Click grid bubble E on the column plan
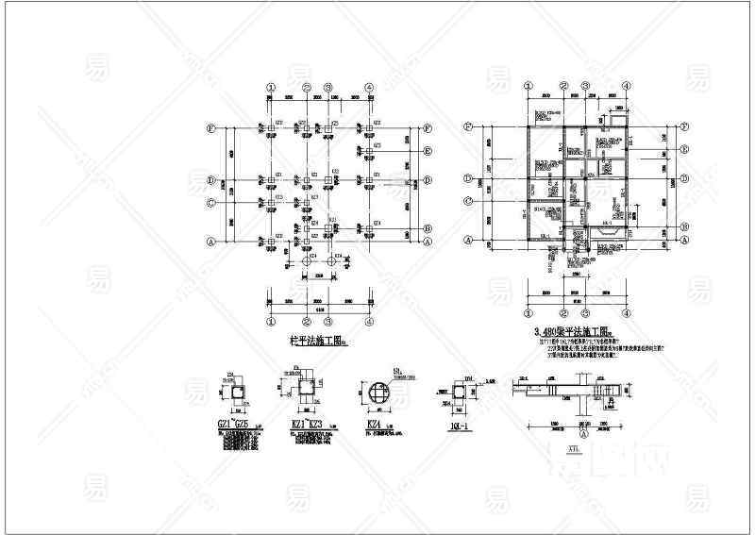point(428,151)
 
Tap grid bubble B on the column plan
point(428,228)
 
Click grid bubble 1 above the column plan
point(271,87)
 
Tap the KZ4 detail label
point(372,426)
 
